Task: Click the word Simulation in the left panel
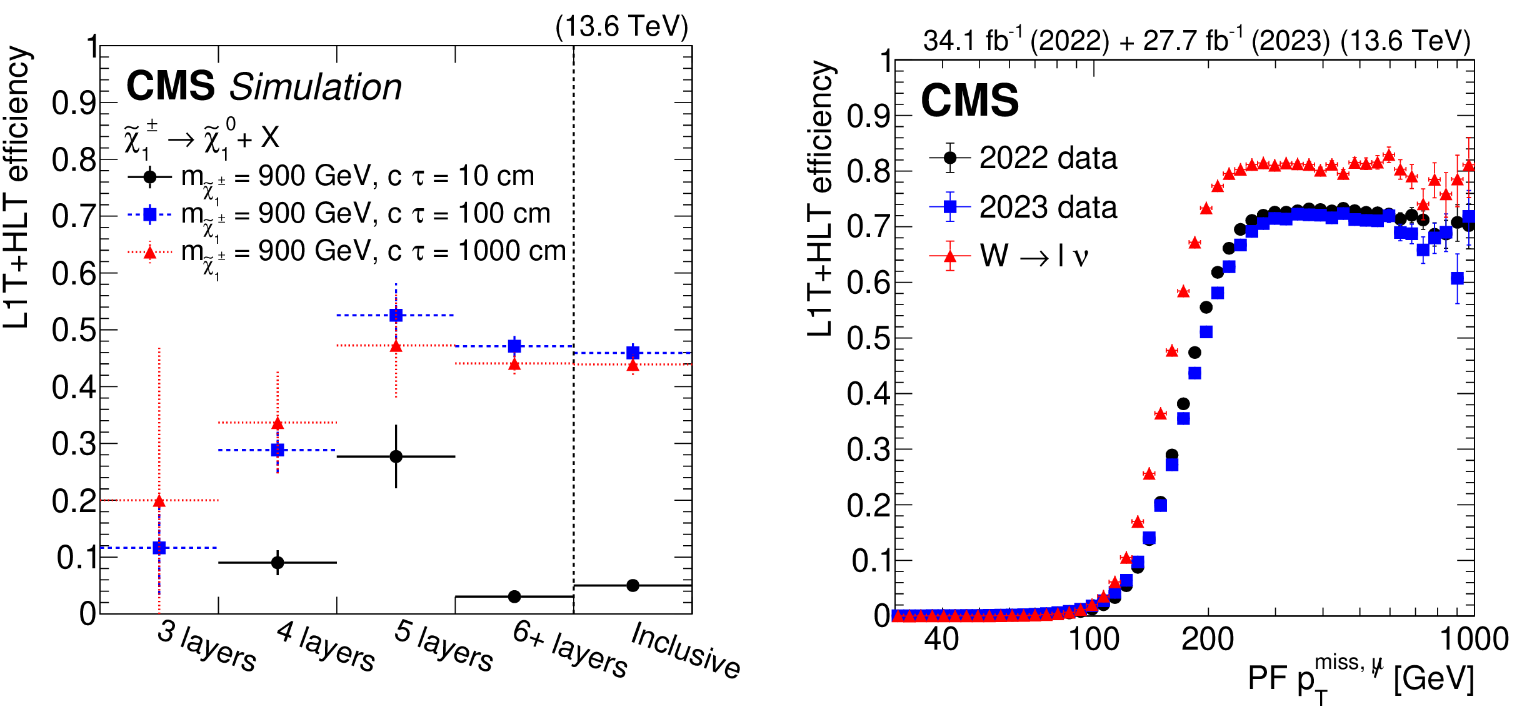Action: click(x=316, y=87)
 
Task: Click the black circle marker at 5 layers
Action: click(x=396, y=456)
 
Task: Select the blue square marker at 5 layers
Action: click(x=396, y=315)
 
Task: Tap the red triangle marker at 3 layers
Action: click(x=159, y=501)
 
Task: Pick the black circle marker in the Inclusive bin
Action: click(x=633, y=585)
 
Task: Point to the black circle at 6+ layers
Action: click(x=514, y=596)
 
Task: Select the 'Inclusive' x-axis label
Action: click(x=686, y=650)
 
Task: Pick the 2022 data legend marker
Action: click(x=950, y=158)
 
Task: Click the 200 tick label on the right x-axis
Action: click(x=1207, y=639)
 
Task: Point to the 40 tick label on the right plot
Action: click(x=941, y=639)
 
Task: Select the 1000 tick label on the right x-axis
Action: click(x=1473, y=639)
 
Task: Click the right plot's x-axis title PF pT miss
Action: click(x=1360, y=679)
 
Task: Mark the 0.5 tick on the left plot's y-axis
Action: click(x=74, y=330)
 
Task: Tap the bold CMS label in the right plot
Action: click(x=969, y=101)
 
